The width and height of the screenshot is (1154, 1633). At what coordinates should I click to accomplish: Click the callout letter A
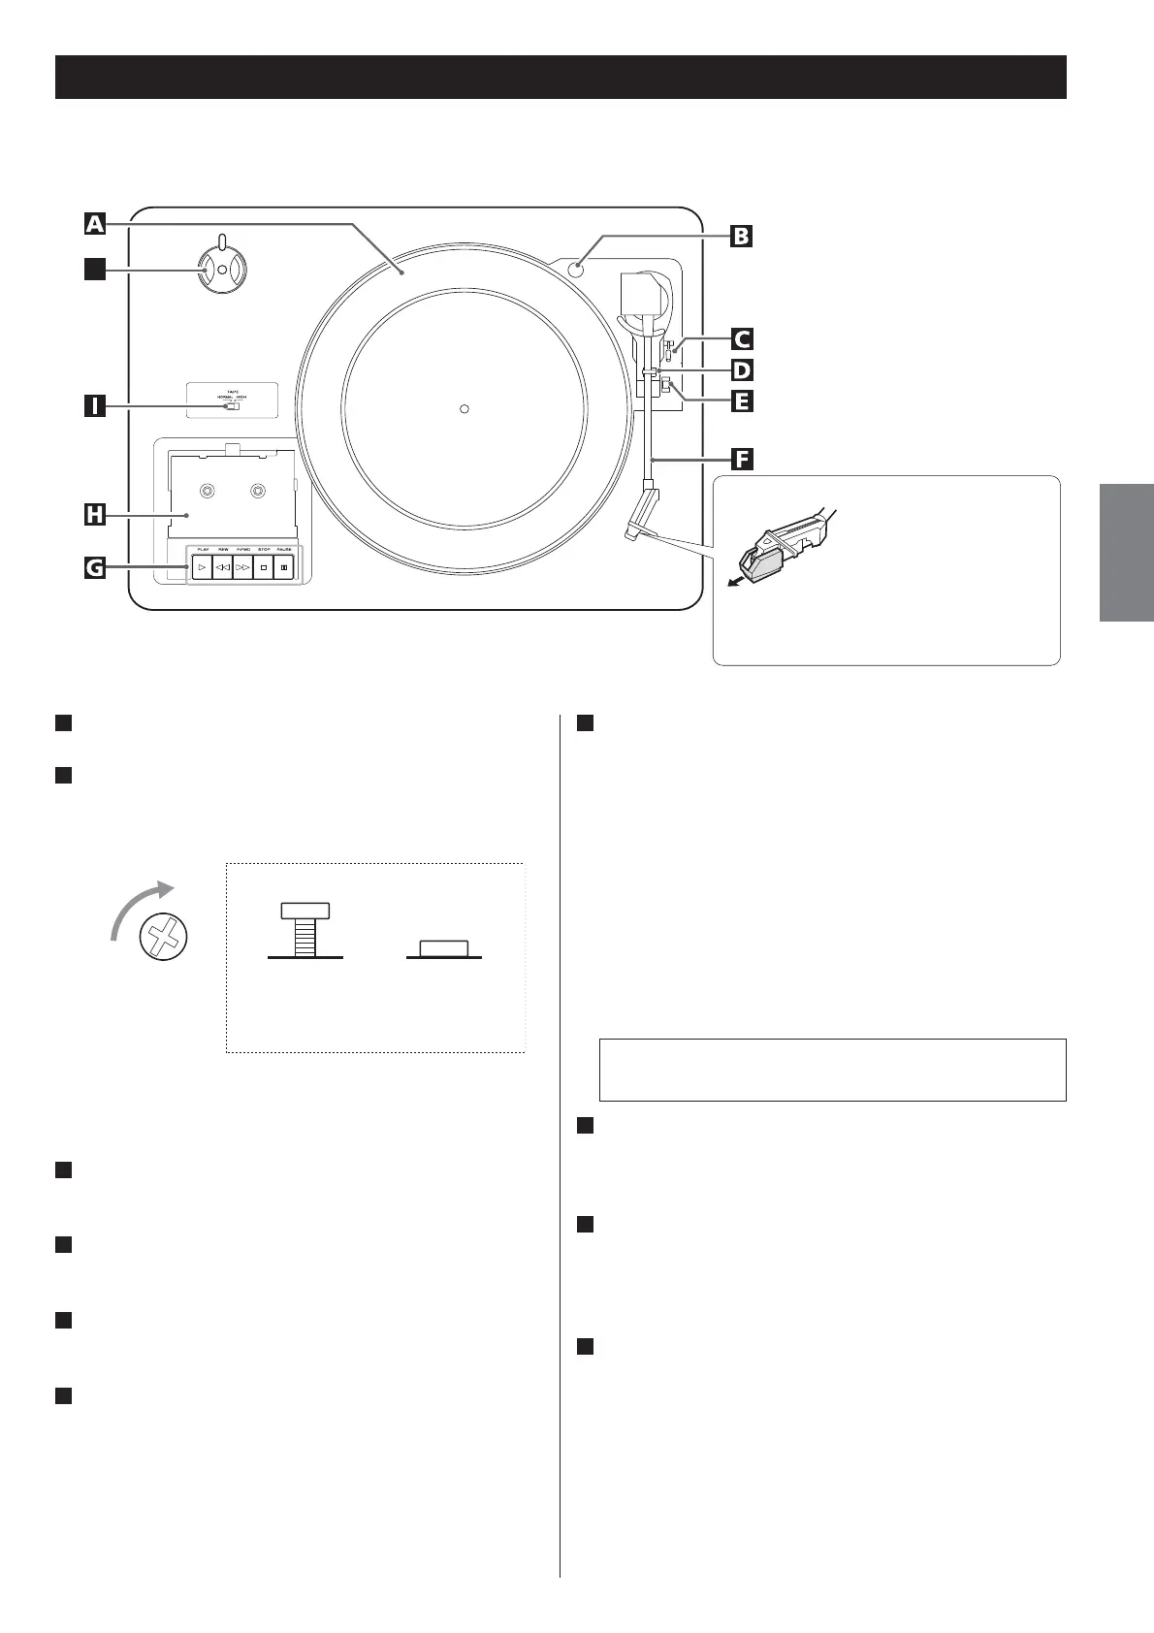pyautogui.click(x=94, y=224)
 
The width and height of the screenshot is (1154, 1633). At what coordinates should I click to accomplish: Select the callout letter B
pyautogui.click(x=740, y=236)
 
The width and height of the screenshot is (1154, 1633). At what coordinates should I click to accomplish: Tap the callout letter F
pyautogui.click(x=741, y=459)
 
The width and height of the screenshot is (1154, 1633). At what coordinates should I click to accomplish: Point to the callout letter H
pyautogui.click(x=94, y=515)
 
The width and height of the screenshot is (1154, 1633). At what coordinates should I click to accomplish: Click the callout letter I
pyautogui.click(x=94, y=405)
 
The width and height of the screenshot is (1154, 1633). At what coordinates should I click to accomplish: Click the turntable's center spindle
pyautogui.click(x=465, y=408)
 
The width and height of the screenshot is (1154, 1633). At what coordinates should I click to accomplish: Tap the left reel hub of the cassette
pyautogui.click(x=207, y=492)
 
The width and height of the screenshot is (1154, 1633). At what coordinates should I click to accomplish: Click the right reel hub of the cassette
pyautogui.click(x=257, y=492)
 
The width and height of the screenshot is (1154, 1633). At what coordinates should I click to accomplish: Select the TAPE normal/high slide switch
pyautogui.click(x=232, y=406)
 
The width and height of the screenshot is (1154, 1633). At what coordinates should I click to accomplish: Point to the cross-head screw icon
pyautogui.click(x=164, y=939)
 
